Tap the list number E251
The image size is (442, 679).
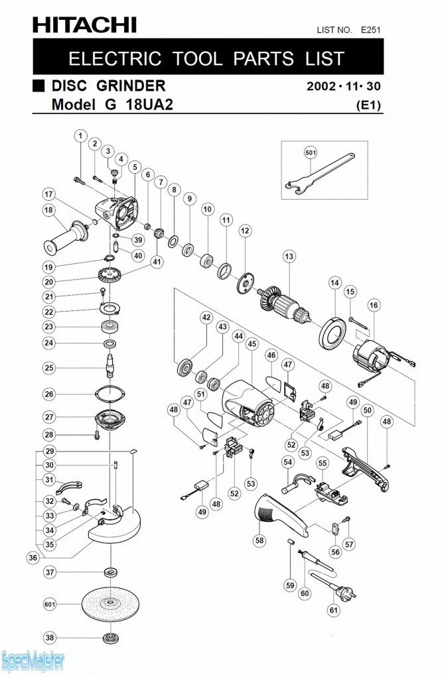click(x=370, y=29)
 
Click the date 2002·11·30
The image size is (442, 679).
click(x=344, y=87)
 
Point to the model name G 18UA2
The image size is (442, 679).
click(x=113, y=104)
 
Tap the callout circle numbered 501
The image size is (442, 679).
click(x=311, y=153)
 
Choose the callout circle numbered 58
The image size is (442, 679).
click(x=259, y=540)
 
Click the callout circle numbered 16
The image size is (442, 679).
click(x=374, y=305)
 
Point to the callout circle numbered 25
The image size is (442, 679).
click(x=49, y=367)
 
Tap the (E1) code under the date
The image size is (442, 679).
click(x=368, y=105)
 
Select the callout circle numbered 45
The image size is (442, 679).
click(x=252, y=344)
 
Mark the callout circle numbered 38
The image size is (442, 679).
click(x=49, y=637)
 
